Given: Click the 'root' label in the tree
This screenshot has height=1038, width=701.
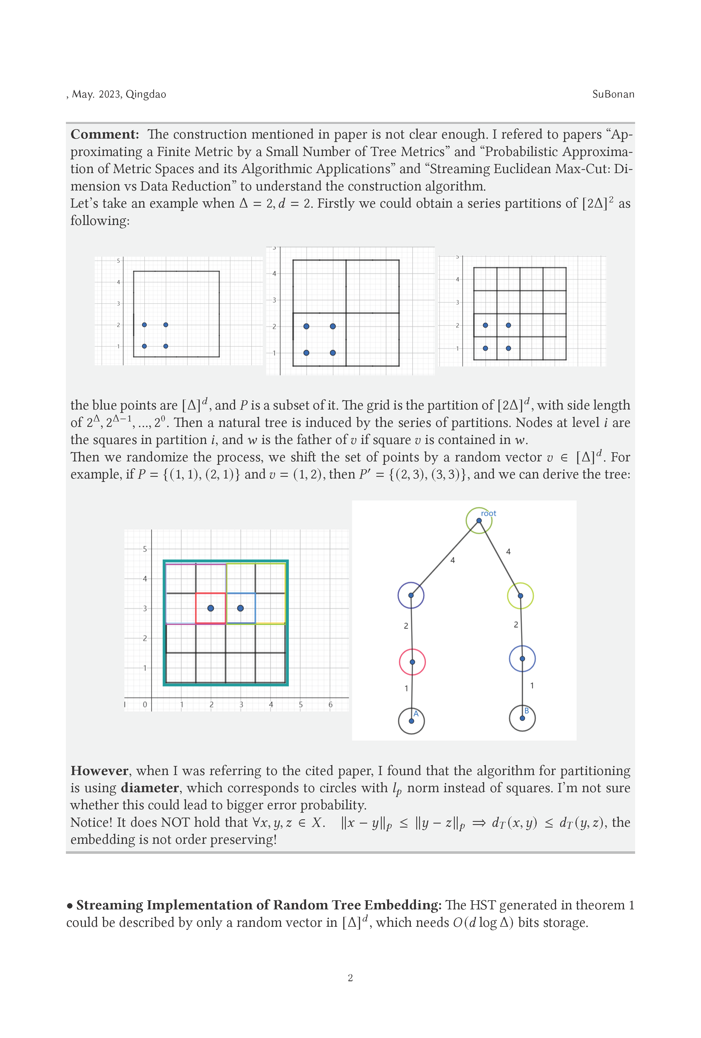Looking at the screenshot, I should point(488,513).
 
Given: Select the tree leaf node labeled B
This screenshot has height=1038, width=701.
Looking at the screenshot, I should point(522,718).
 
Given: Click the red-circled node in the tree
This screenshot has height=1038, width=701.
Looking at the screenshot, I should point(412,662).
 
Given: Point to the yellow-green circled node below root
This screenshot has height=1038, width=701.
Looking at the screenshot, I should point(520,595).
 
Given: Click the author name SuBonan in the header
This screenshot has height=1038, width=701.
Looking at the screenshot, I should point(613,94).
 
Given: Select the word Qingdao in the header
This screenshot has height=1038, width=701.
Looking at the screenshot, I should point(146,94).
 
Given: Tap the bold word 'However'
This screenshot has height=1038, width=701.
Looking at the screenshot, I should point(100,771).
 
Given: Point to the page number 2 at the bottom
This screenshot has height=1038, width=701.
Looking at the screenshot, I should point(350,978).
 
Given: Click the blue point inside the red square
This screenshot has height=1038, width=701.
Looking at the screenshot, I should point(211,608).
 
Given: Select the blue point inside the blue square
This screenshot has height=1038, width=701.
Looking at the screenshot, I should point(240,608).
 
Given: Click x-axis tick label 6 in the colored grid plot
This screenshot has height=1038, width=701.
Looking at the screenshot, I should point(330,704).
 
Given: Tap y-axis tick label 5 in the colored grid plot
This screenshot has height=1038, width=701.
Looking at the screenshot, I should point(145,549).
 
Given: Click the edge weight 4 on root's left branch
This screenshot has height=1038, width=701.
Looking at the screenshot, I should point(452,560).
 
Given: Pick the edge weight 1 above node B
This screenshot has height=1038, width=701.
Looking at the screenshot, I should point(532,685).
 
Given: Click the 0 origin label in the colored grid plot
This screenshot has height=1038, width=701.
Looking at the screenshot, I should point(145,704).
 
